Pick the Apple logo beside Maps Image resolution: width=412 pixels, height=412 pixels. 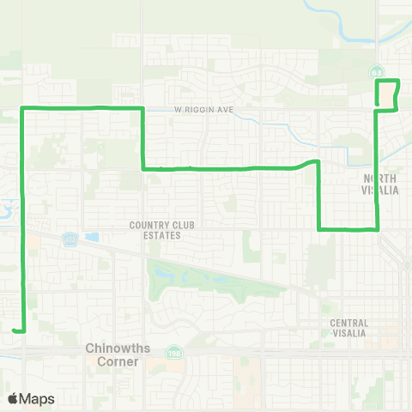(x=12, y=398)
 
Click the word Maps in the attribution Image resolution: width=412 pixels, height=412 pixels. (x=37, y=398)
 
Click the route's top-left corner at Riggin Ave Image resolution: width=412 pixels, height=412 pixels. (x=21, y=108)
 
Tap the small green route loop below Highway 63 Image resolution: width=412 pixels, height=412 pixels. (x=387, y=94)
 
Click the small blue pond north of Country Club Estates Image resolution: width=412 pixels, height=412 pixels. (x=92, y=237)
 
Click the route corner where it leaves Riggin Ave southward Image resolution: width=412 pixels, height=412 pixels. (x=142, y=108)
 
